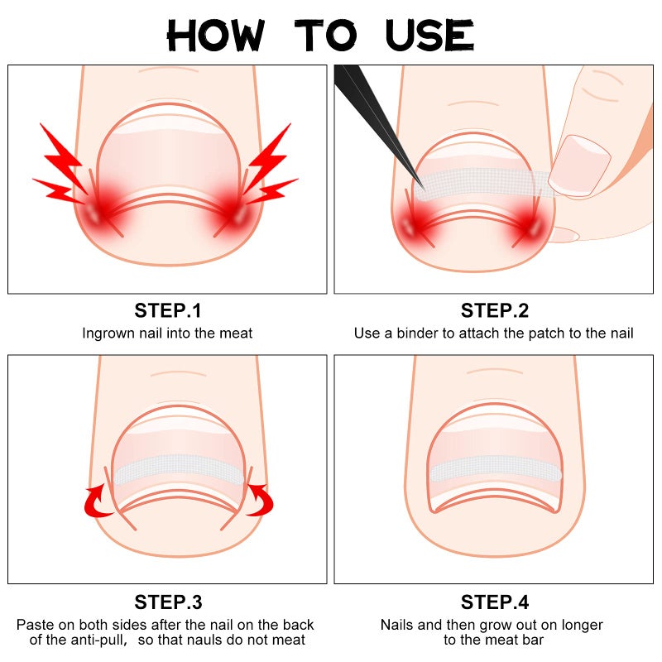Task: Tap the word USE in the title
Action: coord(429,36)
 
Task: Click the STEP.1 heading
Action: coord(167,311)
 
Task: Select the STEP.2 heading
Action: coord(494,311)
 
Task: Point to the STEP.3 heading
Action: coord(167,602)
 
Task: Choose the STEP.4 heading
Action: coord(494,602)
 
